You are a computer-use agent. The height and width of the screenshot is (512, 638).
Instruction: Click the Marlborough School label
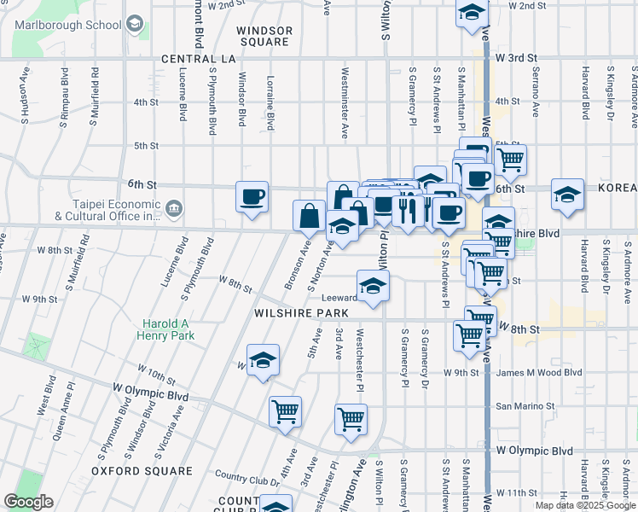click(x=68, y=25)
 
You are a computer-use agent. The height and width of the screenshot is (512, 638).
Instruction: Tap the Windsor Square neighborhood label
click(x=264, y=36)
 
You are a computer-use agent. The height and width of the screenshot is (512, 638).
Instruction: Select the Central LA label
click(x=198, y=59)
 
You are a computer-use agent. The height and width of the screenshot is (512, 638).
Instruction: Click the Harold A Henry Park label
click(x=166, y=329)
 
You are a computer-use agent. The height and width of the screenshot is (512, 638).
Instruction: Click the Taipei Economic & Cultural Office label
click(x=107, y=210)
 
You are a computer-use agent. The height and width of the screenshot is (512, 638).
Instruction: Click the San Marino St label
click(x=525, y=406)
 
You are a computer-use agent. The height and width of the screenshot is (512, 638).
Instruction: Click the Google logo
click(x=28, y=502)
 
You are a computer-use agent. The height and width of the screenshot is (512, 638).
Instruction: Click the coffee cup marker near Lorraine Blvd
click(x=252, y=197)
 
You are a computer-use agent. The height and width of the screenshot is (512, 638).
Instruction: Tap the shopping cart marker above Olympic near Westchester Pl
click(x=351, y=419)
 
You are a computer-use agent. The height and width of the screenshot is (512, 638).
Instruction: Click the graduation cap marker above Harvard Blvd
click(x=567, y=195)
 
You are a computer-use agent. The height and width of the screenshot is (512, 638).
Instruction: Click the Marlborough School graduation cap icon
click(x=134, y=25)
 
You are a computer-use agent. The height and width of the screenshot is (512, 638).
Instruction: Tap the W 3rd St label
click(x=515, y=58)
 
